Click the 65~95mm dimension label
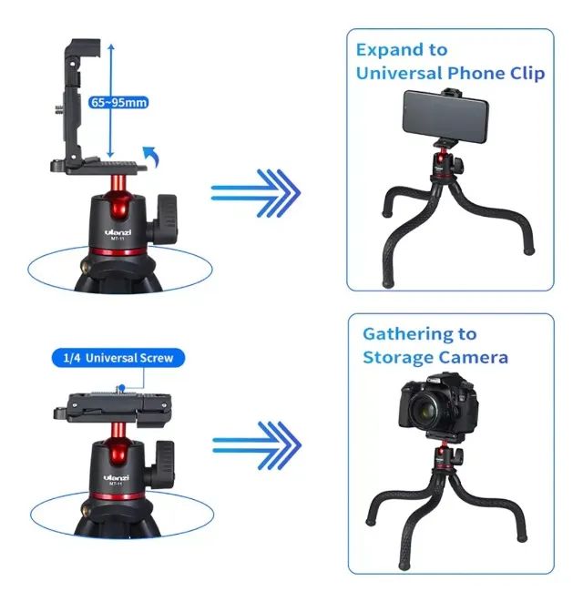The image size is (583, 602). [x=118, y=103]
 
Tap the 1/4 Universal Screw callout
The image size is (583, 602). [x=118, y=358]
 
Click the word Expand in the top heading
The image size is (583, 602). [x=389, y=51]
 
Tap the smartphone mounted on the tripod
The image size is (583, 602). [x=445, y=116]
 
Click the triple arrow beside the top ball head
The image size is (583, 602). [x=256, y=193]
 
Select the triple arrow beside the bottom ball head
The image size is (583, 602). [x=257, y=445]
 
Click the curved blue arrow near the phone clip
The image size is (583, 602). [x=150, y=157]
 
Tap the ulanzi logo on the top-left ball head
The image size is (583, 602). [x=118, y=232]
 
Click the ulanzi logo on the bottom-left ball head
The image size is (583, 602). [x=117, y=477]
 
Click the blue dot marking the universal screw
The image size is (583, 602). [x=122, y=387]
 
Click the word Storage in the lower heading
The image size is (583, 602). [x=397, y=358]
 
